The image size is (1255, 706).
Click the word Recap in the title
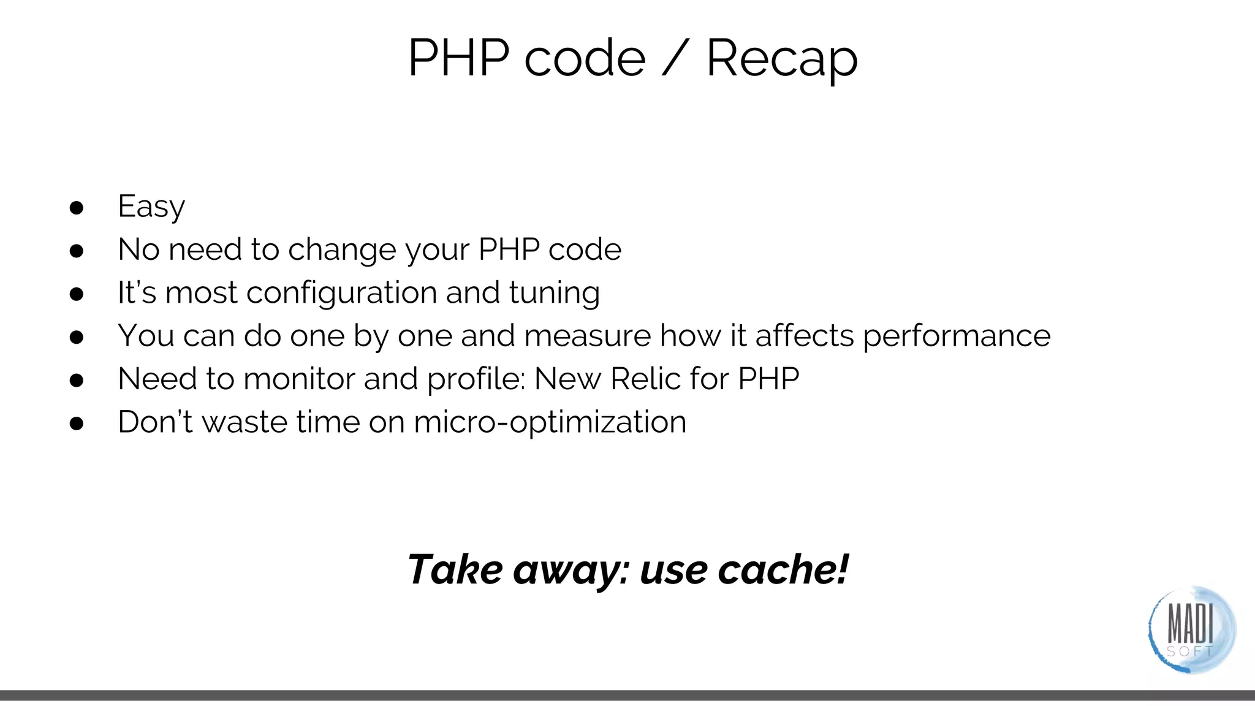(x=781, y=58)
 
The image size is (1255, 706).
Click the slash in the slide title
(x=675, y=58)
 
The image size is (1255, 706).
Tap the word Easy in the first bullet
(x=151, y=207)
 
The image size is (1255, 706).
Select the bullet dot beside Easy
(x=77, y=208)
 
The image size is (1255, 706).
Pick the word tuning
(x=554, y=293)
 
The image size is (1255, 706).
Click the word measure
(x=587, y=336)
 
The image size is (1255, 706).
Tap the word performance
(x=957, y=336)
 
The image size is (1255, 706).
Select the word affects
(x=805, y=336)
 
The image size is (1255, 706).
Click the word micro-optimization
(x=550, y=422)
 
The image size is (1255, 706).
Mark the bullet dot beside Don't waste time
(x=77, y=423)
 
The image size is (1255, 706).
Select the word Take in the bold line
(x=455, y=569)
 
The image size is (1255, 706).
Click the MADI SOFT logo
(x=1191, y=630)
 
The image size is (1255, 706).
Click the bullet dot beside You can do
(x=77, y=337)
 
